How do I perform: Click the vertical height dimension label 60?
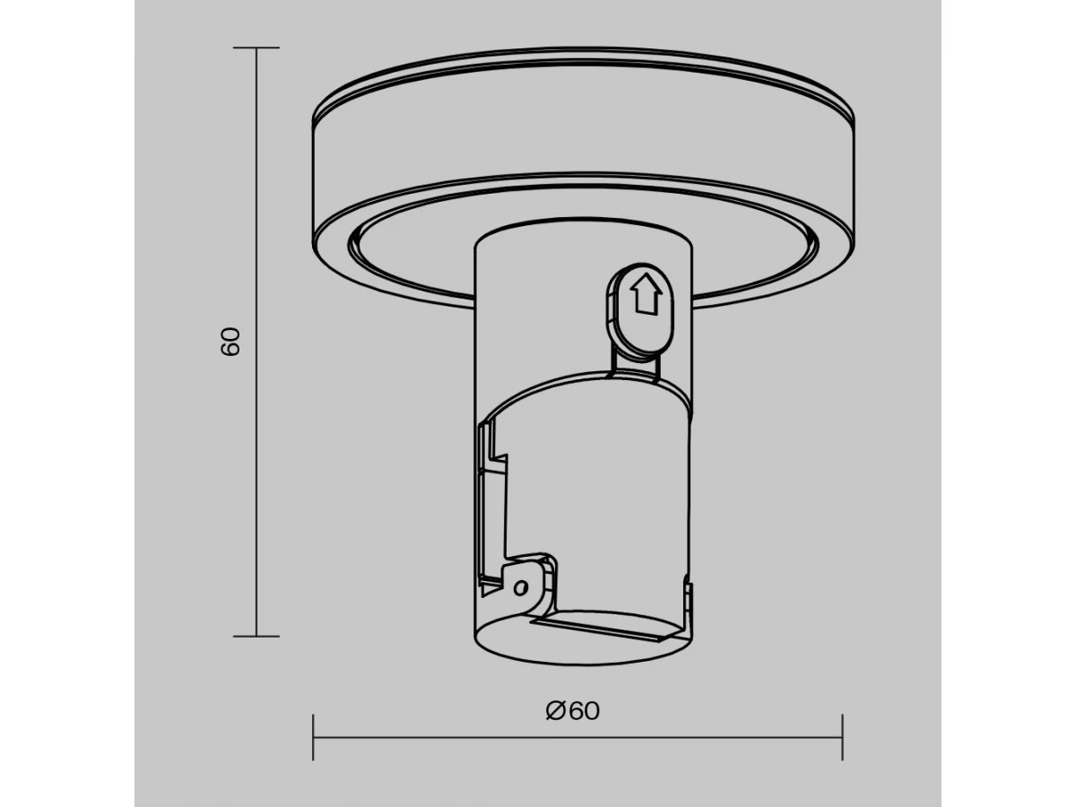230,342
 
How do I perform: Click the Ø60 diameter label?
573,710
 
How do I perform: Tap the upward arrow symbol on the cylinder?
646,293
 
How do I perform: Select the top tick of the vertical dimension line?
256,48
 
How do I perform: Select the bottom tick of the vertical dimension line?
256,637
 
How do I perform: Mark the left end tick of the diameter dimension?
313,737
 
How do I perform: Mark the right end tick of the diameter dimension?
842,737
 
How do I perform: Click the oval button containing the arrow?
641,308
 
